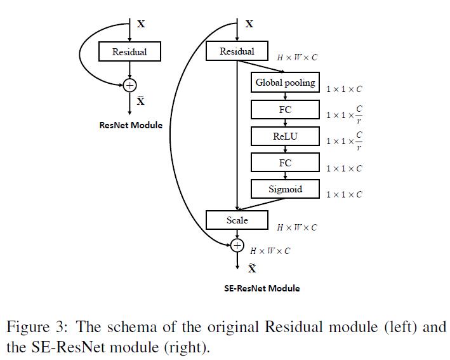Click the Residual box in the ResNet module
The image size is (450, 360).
(129, 52)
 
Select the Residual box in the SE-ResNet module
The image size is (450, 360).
(237, 51)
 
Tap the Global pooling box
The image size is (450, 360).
(285, 83)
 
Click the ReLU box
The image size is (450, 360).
(285, 136)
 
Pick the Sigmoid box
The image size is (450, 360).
(285, 189)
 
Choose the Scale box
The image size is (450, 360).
(237, 220)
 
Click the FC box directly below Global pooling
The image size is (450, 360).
(285, 109)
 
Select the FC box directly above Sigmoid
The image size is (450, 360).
(285, 163)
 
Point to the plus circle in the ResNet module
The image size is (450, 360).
(130, 84)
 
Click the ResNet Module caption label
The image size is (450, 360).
(131, 125)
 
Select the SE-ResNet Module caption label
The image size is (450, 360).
(261, 288)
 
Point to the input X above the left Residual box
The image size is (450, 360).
(141, 24)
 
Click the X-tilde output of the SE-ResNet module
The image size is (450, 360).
(252, 268)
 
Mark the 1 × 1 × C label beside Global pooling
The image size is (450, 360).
(344, 90)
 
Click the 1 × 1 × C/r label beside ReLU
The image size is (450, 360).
(345, 140)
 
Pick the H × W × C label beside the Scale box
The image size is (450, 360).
(296, 227)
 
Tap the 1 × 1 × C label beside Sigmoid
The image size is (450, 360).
(344, 194)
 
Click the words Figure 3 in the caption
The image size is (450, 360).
(32, 328)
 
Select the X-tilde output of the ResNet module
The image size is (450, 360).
(141, 101)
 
